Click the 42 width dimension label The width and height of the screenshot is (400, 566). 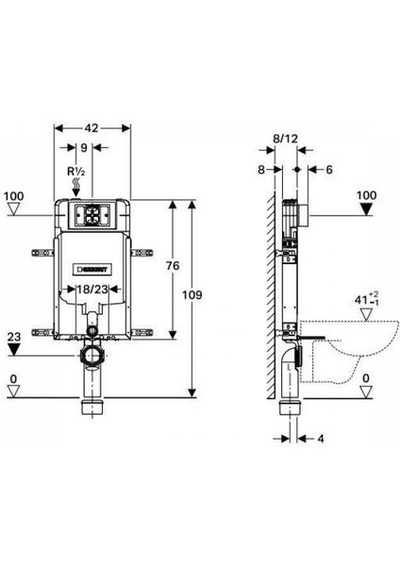92,127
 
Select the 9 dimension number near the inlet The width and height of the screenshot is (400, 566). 84,148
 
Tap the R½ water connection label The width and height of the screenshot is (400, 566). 76,171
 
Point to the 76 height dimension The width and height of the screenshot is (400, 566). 173,266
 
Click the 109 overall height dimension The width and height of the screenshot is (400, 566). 192,295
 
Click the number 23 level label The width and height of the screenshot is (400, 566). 14,337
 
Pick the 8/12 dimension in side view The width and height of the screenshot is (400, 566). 285,139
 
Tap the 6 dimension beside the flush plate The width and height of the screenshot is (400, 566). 329,169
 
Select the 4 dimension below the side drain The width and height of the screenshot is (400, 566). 321,439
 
